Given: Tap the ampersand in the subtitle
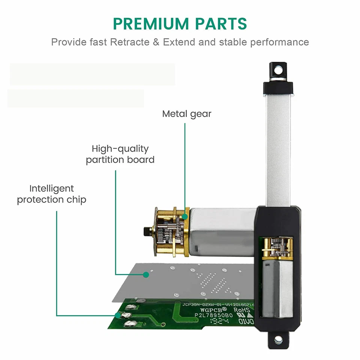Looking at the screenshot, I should click(x=156, y=42).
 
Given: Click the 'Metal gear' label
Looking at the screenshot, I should click(x=187, y=114).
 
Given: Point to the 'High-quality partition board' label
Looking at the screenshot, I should click(x=120, y=154).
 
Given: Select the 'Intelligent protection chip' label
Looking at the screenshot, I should click(x=51, y=194).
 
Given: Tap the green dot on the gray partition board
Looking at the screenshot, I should click(x=145, y=274).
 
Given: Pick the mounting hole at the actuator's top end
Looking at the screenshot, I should click(x=278, y=70).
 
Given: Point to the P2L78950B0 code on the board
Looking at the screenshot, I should click(x=213, y=316).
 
